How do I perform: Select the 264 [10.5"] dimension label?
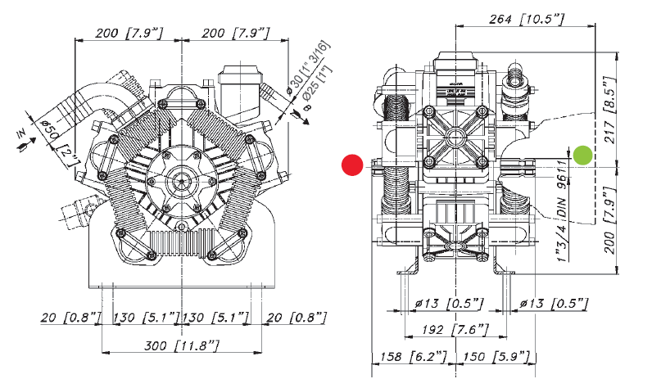[x=523, y=19]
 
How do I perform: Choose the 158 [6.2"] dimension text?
[x=404, y=358]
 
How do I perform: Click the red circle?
[x=352, y=165]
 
